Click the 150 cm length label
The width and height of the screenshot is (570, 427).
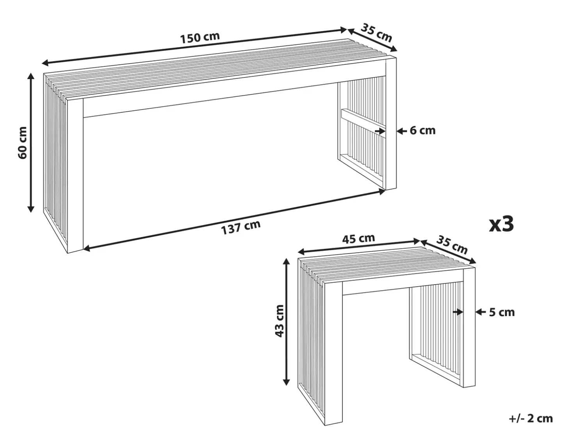[200, 37]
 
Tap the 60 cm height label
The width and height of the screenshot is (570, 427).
[22, 143]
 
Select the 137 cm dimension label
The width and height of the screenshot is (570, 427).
[240, 227]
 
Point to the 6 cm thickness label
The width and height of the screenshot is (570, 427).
[422, 130]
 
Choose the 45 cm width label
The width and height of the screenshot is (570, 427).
[358, 239]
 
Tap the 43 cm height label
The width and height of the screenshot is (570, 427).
[280, 321]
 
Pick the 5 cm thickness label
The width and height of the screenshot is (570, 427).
[502, 312]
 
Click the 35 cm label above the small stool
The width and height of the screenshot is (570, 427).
[452, 245]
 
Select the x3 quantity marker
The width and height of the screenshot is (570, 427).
[501, 224]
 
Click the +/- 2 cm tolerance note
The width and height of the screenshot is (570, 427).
[531, 418]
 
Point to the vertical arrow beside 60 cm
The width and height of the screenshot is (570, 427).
[31, 143]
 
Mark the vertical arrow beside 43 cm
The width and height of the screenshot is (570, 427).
[286, 322]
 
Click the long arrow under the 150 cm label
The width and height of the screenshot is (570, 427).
[194, 46]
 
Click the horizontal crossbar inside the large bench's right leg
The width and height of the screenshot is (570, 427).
[363, 121]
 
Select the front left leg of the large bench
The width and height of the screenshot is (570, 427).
[75, 175]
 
